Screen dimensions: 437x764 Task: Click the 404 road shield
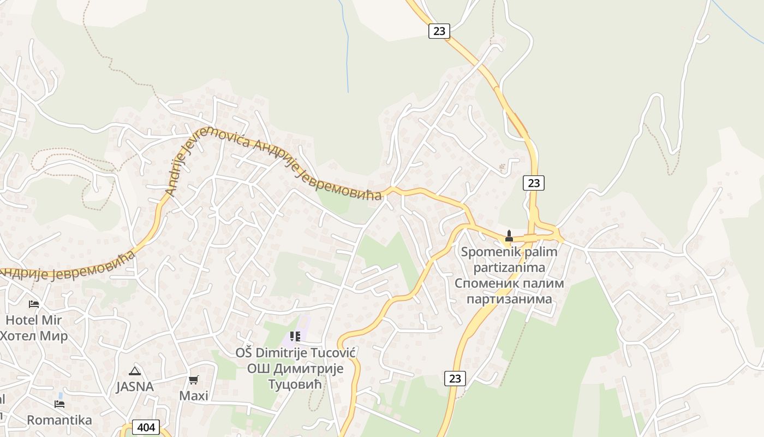146,427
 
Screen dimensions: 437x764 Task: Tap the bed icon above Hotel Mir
34,304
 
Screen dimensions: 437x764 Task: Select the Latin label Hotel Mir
34,320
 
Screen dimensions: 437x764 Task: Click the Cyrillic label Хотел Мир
34,335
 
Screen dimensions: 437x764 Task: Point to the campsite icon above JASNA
134,371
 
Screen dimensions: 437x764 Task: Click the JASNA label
134,387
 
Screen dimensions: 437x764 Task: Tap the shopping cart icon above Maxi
194,380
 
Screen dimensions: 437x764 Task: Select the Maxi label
194,395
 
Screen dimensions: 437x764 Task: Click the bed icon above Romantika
59,404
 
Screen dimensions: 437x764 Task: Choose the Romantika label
59,420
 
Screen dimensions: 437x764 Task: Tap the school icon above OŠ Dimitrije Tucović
295,336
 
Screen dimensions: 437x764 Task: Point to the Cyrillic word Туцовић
295,385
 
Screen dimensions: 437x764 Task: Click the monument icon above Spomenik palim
509,236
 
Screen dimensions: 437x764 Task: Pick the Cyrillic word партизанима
509,299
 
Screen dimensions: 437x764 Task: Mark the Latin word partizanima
509,268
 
